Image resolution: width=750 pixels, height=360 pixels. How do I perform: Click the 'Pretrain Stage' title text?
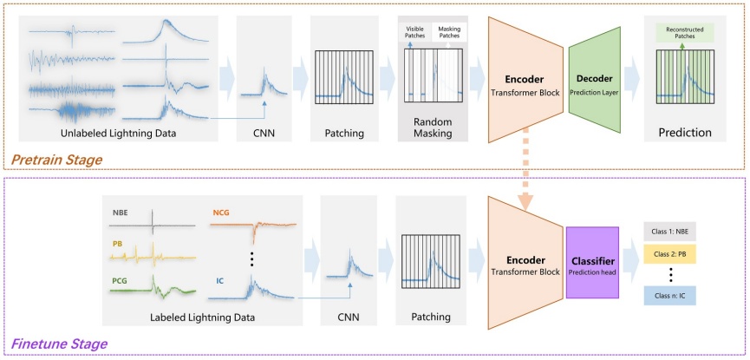(x=56, y=160)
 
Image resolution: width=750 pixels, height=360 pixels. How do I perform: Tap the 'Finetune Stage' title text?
(x=59, y=344)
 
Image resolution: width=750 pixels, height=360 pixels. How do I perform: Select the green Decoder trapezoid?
(x=594, y=80)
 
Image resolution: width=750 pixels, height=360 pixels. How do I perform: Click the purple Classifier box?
(x=593, y=263)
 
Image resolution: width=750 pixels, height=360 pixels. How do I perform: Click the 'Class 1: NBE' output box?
(x=669, y=232)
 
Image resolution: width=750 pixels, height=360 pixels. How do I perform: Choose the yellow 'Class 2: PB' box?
(x=669, y=254)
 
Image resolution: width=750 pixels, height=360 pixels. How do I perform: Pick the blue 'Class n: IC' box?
(x=669, y=296)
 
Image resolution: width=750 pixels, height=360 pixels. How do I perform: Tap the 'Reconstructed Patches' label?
(x=682, y=33)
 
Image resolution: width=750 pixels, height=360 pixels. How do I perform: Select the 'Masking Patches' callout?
(x=449, y=32)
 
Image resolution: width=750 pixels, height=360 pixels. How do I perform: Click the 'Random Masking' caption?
(x=433, y=128)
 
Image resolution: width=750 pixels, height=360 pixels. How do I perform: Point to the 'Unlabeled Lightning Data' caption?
(x=118, y=133)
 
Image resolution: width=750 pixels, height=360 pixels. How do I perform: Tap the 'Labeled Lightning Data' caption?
(x=202, y=317)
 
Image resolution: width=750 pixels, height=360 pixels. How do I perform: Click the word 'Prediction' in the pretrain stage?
(x=685, y=132)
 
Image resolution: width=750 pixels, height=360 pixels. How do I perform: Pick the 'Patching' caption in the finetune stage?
(x=430, y=317)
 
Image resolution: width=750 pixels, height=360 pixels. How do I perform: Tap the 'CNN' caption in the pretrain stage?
(x=264, y=133)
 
